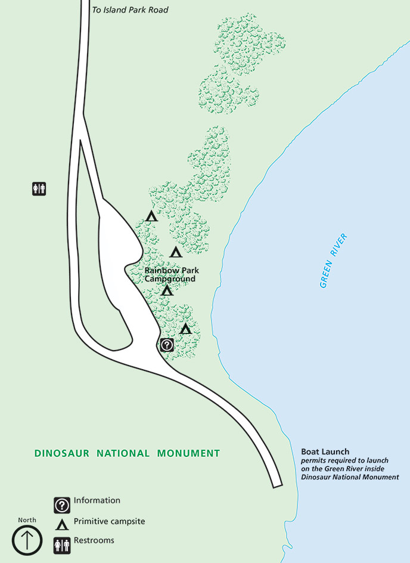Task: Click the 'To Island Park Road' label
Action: (131, 10)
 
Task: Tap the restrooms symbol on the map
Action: (39, 188)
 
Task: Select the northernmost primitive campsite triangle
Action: (151, 216)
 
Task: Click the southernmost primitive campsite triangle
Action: (185, 329)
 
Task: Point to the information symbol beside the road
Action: (167, 344)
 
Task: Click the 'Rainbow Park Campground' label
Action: (171, 274)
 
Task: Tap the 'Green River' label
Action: (333, 261)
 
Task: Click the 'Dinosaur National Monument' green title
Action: (127, 453)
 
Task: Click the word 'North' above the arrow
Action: (27, 520)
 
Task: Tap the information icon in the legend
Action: (62, 505)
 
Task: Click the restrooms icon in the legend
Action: (62, 545)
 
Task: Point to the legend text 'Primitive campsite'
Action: (110, 521)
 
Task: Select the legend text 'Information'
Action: (97, 500)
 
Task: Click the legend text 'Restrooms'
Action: (94, 541)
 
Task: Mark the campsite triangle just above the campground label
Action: (175, 252)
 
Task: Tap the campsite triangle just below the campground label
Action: (167, 290)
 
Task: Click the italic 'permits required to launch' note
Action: (345, 461)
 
